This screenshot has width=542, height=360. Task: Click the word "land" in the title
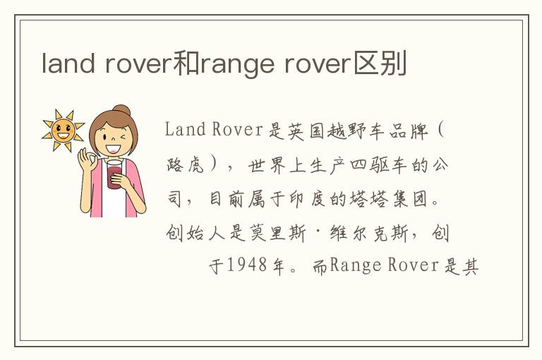click(x=68, y=63)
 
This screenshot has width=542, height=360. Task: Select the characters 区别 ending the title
click(x=380, y=63)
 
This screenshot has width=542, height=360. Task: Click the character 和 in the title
click(x=186, y=63)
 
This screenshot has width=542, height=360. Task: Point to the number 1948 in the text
click(x=247, y=265)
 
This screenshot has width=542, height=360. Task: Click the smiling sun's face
click(x=63, y=131)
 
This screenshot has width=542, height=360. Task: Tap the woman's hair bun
click(x=121, y=110)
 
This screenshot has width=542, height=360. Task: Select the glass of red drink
click(x=114, y=174)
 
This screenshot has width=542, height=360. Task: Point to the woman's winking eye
click(x=123, y=137)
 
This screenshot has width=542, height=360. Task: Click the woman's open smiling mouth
click(x=113, y=149)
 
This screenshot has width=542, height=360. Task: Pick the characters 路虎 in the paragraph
click(x=186, y=165)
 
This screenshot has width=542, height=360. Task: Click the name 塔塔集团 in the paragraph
click(x=390, y=200)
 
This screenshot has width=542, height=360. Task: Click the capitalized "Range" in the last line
click(x=356, y=266)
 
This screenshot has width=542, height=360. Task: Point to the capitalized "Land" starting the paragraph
click(x=186, y=130)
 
